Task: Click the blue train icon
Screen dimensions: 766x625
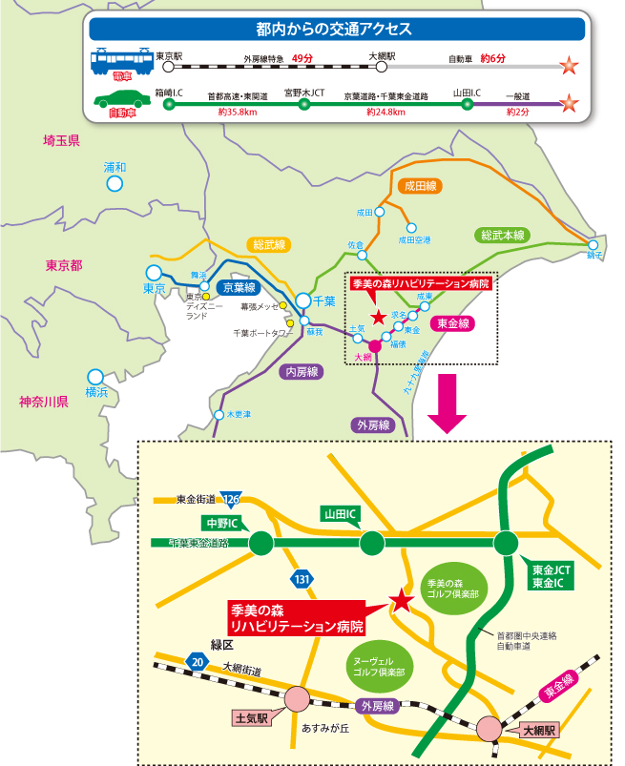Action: pos(121,61)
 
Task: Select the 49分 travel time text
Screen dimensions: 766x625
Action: pos(302,58)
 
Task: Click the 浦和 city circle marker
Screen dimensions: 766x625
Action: pos(115,183)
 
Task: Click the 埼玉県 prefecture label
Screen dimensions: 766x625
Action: pos(62,141)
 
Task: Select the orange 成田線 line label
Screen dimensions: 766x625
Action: pos(420,187)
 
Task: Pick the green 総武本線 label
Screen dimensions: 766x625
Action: pos(504,236)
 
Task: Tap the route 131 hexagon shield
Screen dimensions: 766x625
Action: pos(302,579)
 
